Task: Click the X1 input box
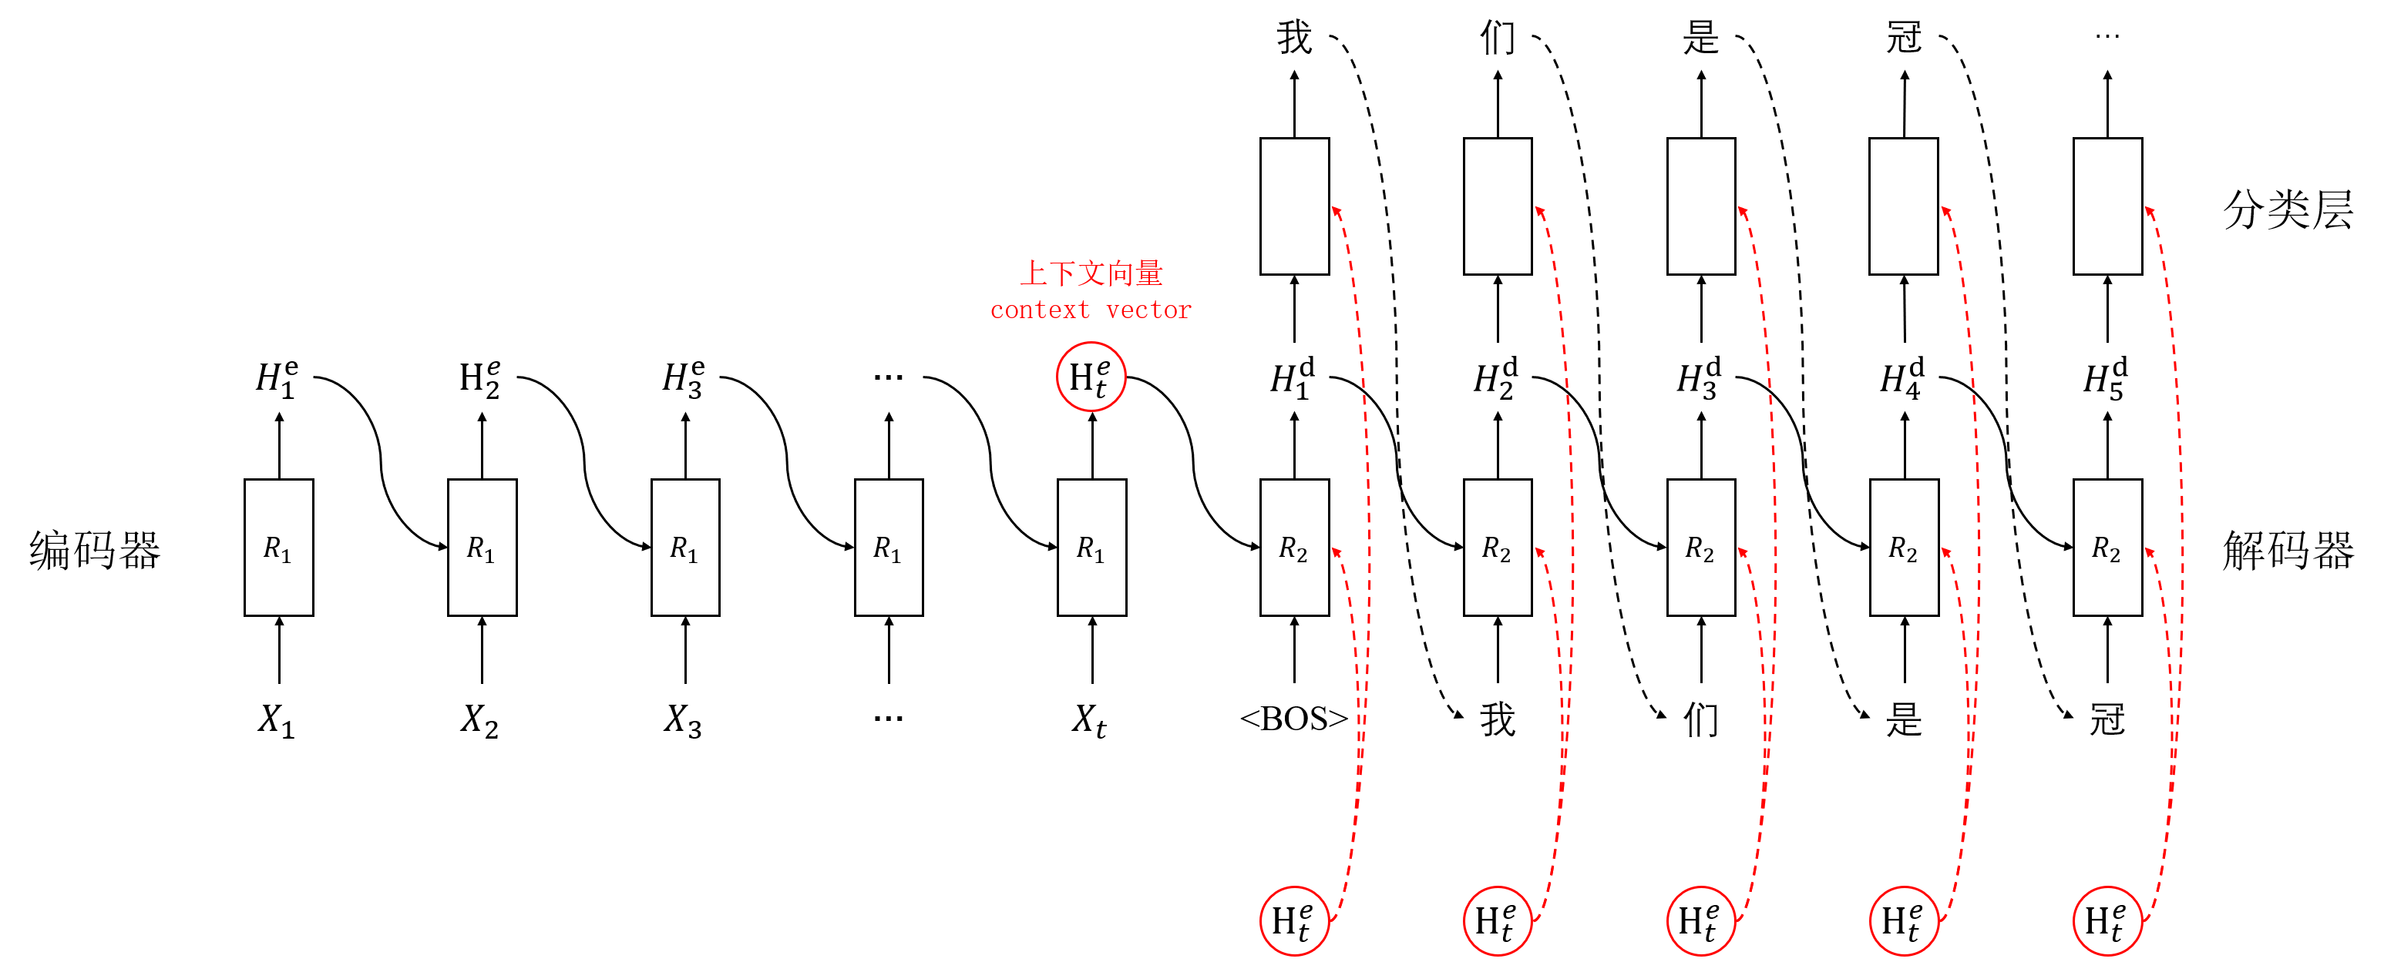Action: (x=277, y=718)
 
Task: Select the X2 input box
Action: (x=481, y=718)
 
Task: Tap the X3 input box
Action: (x=685, y=718)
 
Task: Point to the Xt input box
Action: (x=1091, y=718)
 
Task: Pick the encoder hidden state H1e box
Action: (x=277, y=377)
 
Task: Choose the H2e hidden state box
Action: (x=481, y=377)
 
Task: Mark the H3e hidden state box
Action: (x=685, y=377)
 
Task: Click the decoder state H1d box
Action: (x=1294, y=377)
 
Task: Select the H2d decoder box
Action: (x=1497, y=377)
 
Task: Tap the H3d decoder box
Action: (x=1700, y=377)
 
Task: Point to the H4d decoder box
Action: (x=1904, y=377)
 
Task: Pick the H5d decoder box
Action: (x=2107, y=377)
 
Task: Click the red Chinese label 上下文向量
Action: (x=1091, y=273)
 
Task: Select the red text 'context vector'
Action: (x=1091, y=310)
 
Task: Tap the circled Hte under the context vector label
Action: (x=1091, y=377)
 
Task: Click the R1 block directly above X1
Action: (x=277, y=548)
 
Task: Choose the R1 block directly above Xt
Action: (x=1091, y=548)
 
